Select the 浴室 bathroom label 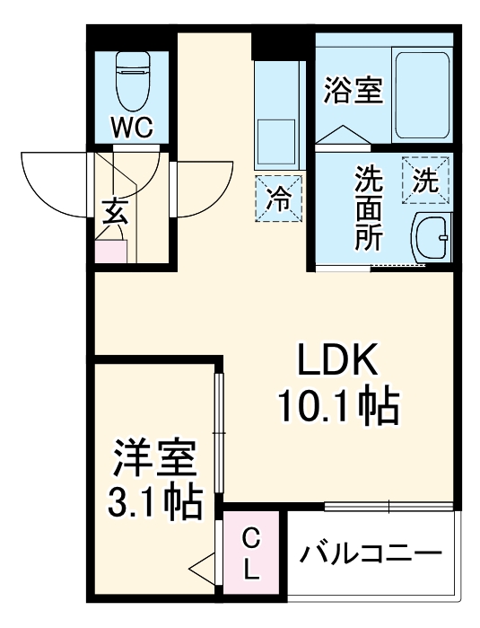click(x=353, y=90)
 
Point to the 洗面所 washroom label click(x=367, y=208)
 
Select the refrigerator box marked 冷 click(x=279, y=199)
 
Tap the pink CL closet click(x=253, y=553)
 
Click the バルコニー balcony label click(x=371, y=551)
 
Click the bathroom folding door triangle click(x=342, y=134)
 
